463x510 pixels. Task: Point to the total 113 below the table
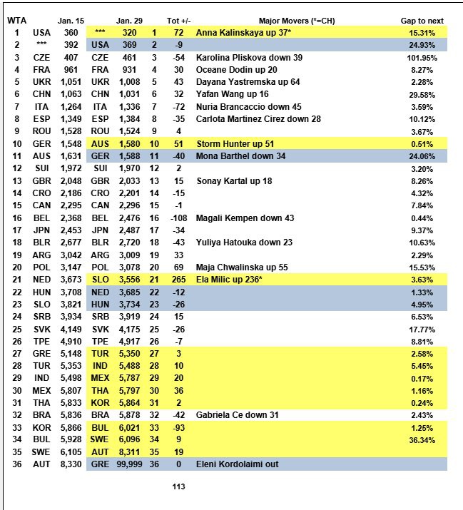[179, 487]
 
